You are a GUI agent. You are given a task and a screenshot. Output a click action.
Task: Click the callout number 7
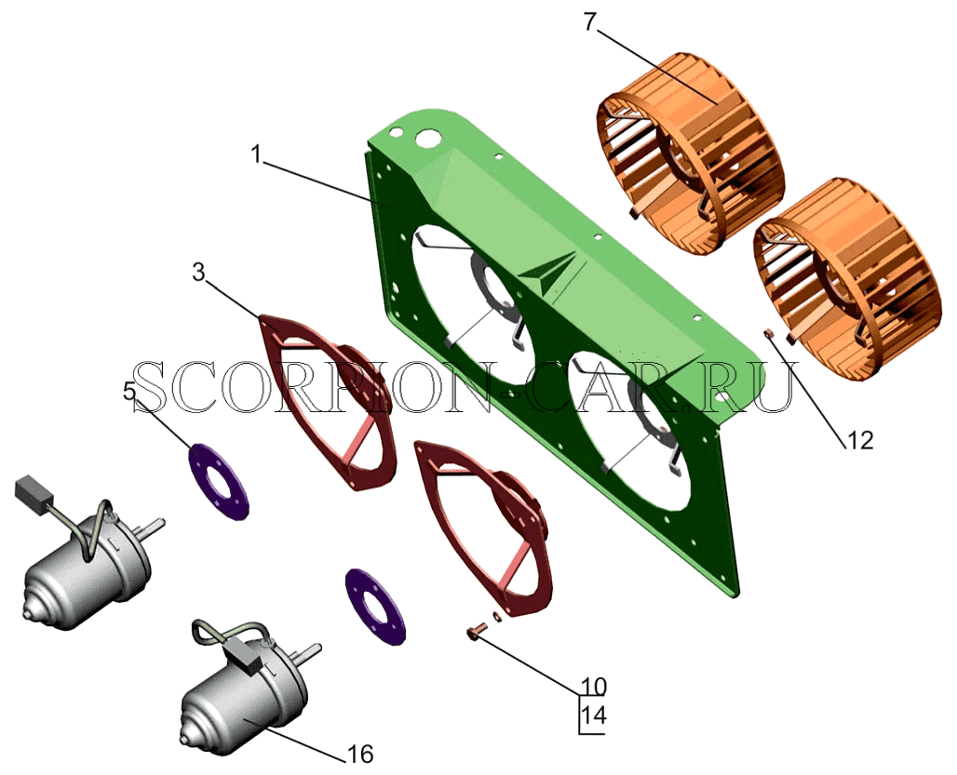coord(589,22)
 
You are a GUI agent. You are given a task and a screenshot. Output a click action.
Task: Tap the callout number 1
coord(257,154)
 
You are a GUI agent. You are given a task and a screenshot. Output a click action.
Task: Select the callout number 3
coord(198,273)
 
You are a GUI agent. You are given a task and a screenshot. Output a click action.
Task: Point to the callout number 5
coord(129,391)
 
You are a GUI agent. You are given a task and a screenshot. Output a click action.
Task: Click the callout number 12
coord(860,440)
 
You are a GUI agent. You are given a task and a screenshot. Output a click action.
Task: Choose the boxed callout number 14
coord(594,715)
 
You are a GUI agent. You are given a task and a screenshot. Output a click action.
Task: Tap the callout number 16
coord(359,755)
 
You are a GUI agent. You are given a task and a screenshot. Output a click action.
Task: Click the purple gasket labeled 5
coord(218,482)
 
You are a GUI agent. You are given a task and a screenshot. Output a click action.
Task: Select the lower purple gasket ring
coord(374,606)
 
